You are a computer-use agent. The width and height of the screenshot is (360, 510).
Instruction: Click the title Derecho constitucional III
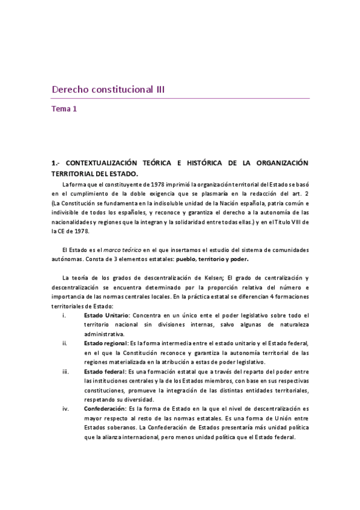point(108,90)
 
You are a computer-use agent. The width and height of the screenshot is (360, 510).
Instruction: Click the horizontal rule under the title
point(180,99)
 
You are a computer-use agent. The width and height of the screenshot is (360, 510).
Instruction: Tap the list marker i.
point(65,315)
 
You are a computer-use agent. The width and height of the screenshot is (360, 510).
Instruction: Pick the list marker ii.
point(65,343)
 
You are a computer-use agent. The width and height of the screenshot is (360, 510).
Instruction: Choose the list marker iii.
point(65,372)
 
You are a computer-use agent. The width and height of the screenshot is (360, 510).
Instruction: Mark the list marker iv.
point(65,409)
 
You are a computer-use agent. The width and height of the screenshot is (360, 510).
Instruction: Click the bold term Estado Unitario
point(106,315)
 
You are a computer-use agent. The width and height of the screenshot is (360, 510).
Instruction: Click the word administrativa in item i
point(105,333)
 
